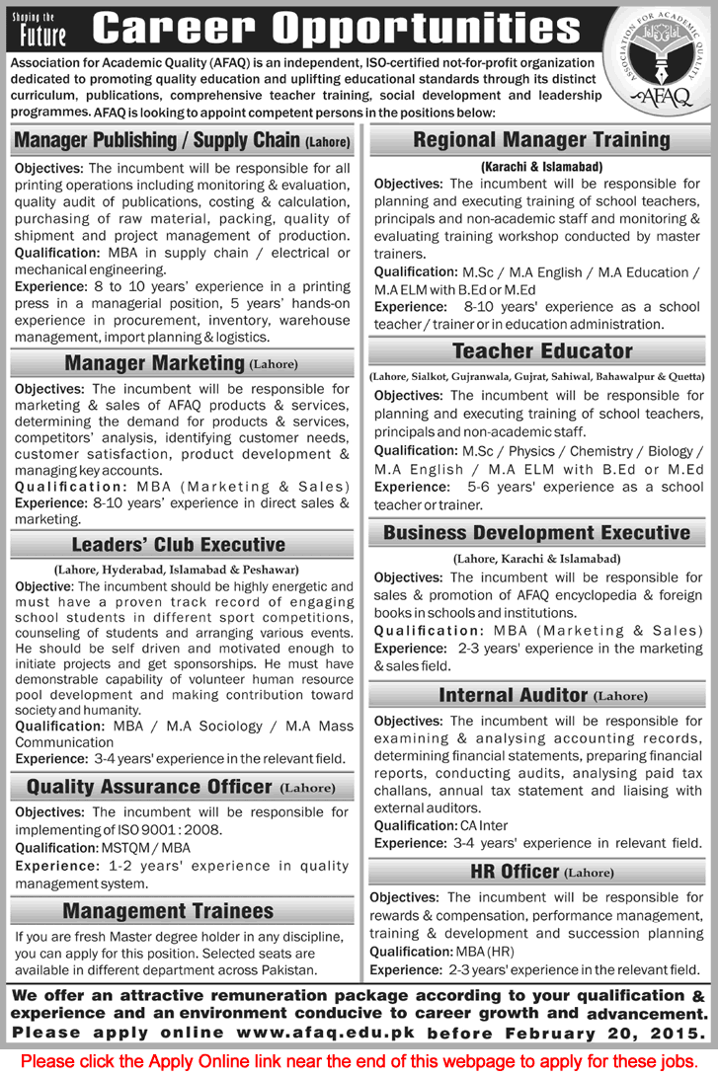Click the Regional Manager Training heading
click(541, 140)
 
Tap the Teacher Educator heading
click(541, 350)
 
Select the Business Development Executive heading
click(536, 533)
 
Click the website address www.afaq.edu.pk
click(364, 1032)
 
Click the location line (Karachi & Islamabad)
click(542, 167)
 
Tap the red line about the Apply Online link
click(359, 1060)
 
